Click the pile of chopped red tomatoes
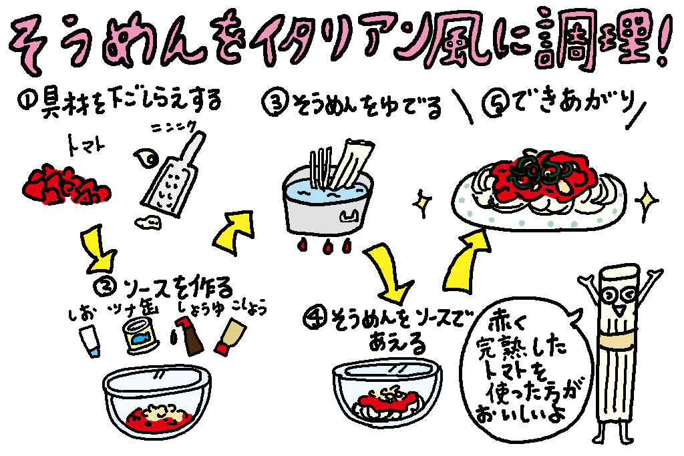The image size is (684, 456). click(x=63, y=184)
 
